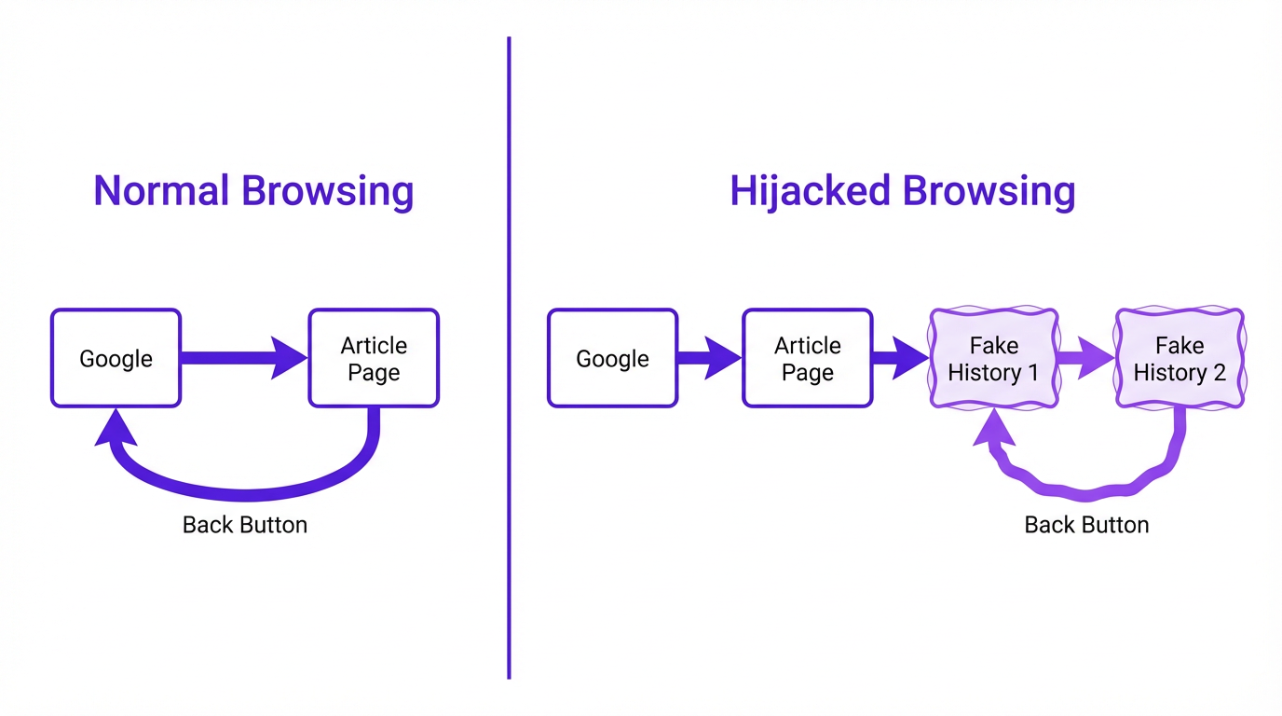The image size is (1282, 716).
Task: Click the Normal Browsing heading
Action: click(x=253, y=191)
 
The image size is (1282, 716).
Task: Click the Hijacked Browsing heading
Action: click(x=902, y=191)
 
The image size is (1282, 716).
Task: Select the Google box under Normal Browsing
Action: click(x=116, y=359)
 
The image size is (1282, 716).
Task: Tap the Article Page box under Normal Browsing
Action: click(x=374, y=359)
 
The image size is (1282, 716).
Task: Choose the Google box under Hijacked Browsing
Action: click(x=612, y=359)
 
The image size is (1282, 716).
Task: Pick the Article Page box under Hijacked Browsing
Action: click(x=808, y=359)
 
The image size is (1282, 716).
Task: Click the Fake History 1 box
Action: click(x=993, y=359)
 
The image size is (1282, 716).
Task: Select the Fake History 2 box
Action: click(x=1180, y=359)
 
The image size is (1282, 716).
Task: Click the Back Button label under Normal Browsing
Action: click(x=245, y=525)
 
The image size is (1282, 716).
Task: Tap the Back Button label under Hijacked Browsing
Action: click(x=1086, y=525)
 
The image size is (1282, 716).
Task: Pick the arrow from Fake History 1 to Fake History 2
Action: click(x=1086, y=358)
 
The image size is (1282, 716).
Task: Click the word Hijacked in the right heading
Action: click(x=810, y=191)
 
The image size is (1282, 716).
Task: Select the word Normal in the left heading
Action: click(x=161, y=191)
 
